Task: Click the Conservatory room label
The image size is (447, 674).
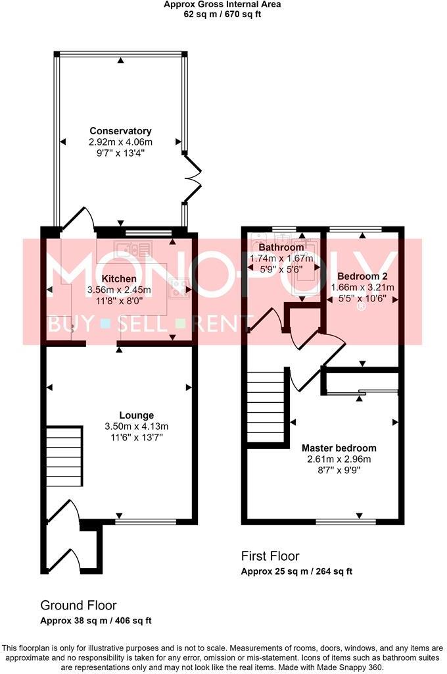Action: coord(120,131)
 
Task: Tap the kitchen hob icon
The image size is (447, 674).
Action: coord(176,284)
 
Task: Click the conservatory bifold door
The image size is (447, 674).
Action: coord(192,176)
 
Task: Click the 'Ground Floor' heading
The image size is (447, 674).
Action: coord(78,605)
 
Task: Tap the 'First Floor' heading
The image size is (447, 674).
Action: coord(270,556)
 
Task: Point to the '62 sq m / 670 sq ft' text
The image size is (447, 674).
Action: coord(222,13)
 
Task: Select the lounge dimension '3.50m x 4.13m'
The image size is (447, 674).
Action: coord(120,426)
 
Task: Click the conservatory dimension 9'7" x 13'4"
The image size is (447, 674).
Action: coord(120,153)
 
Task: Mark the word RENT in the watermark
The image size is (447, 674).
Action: coord(225,323)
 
